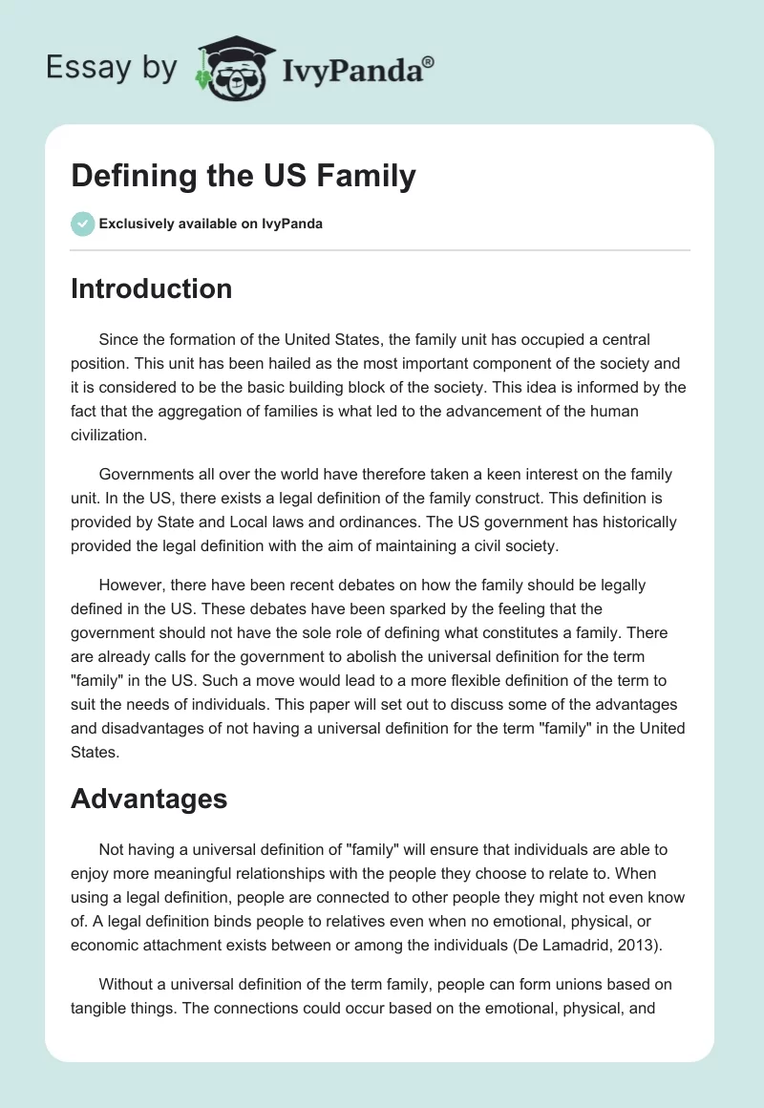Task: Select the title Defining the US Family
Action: [244, 176]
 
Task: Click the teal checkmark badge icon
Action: [82, 224]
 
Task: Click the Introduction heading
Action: [151, 288]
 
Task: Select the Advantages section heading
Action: [149, 799]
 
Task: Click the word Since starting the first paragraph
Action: [119, 339]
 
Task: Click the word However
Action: [131, 586]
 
